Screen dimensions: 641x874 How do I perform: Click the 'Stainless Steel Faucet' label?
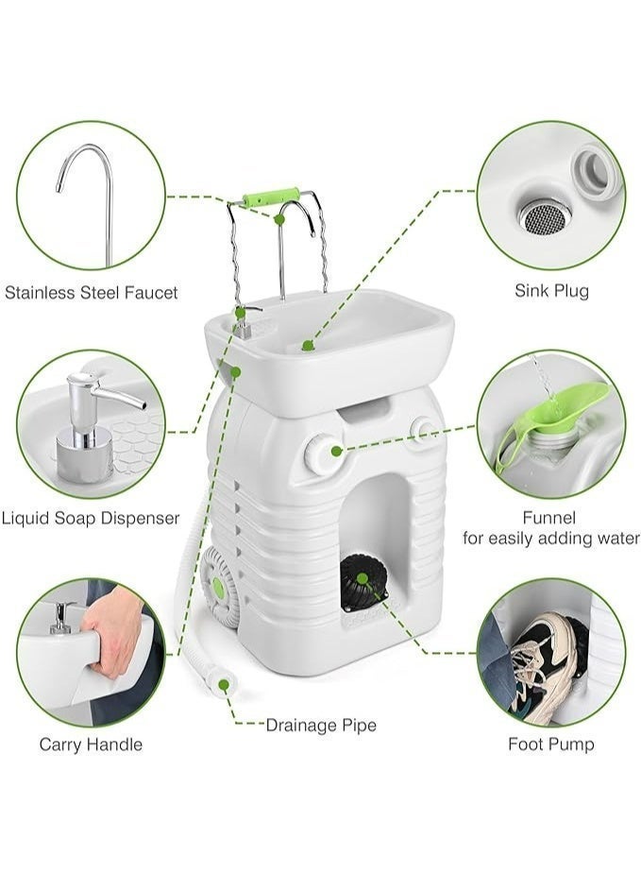click(x=92, y=293)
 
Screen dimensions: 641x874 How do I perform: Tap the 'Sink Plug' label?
click(x=551, y=290)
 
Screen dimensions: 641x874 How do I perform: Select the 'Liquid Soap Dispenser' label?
click(x=91, y=519)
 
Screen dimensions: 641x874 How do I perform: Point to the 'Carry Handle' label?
click(x=91, y=745)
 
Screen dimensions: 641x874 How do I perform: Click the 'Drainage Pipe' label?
click(x=321, y=725)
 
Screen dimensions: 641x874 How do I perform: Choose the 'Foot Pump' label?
click(x=551, y=745)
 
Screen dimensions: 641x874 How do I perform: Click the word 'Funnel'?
click(x=549, y=518)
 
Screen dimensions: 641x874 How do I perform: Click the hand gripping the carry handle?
click(x=113, y=630)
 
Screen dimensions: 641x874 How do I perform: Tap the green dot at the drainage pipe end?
click(x=225, y=684)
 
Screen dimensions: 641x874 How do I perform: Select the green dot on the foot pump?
click(x=362, y=578)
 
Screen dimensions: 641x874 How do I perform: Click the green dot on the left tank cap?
click(x=336, y=451)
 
